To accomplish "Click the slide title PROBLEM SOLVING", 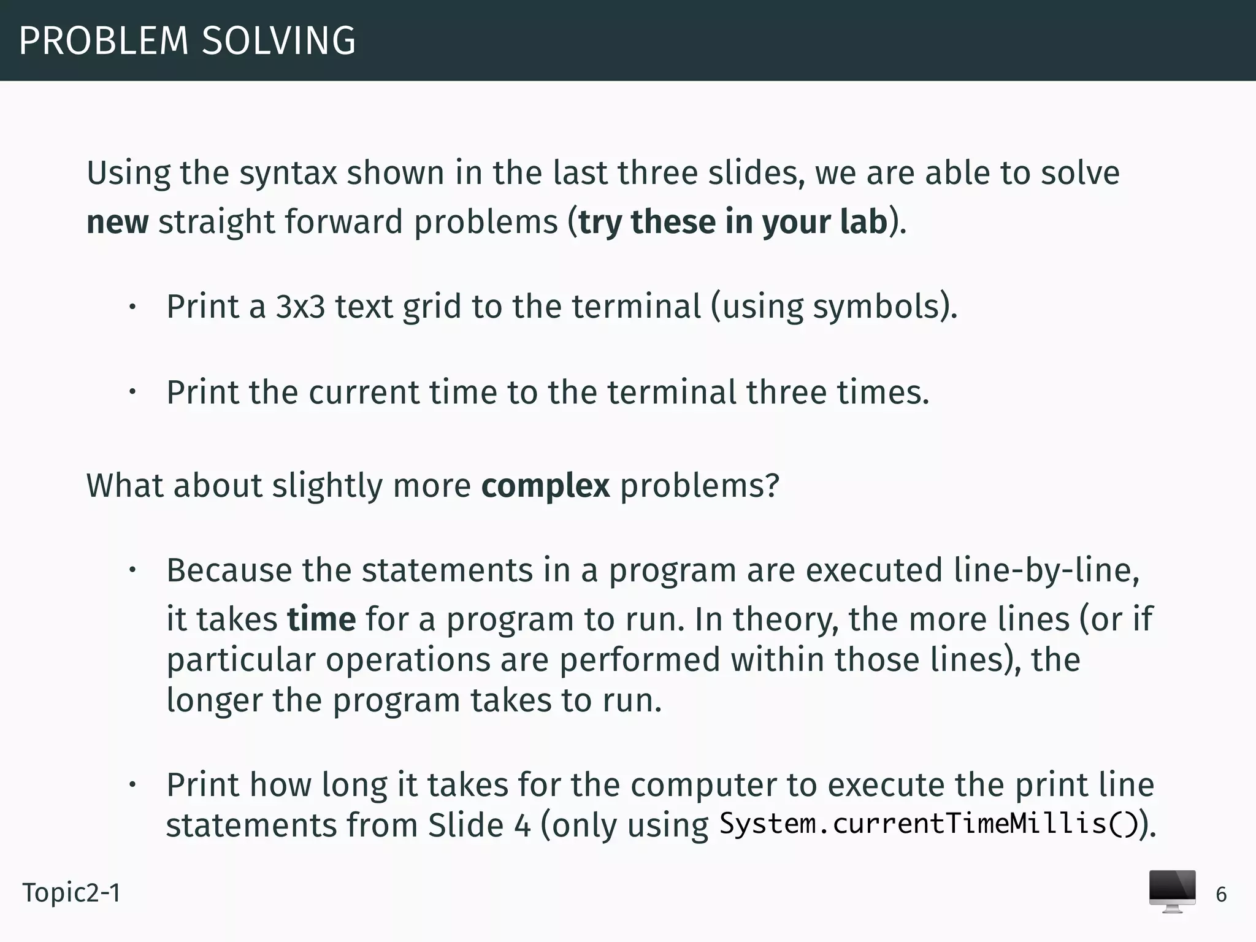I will point(187,41).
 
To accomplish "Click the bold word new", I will point(117,222).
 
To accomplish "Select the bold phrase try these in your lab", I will point(733,222).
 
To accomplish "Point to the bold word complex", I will point(545,486).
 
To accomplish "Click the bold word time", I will point(321,619).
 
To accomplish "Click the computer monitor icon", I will point(1172,891).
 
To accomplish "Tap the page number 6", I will point(1221,895).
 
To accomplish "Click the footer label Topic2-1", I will point(72,893).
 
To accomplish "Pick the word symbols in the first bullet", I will point(876,307).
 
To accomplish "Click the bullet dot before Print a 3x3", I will point(132,307).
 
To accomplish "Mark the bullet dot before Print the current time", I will point(132,392).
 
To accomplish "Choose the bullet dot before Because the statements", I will point(132,571).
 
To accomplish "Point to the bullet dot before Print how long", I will point(132,785).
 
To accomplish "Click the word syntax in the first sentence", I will point(288,174).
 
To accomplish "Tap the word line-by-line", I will point(1046,570).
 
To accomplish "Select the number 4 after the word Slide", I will point(523,825).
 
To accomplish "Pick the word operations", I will point(407,661).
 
